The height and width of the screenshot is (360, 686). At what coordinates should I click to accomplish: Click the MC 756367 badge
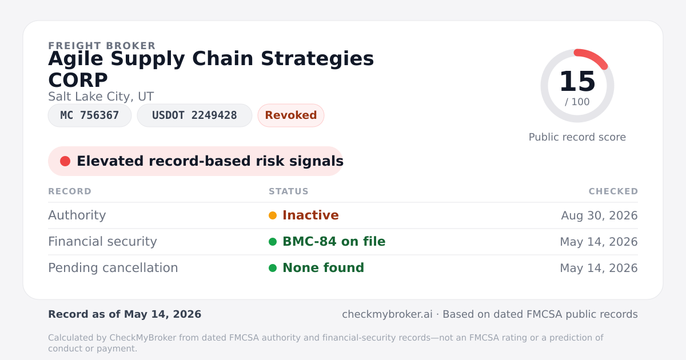90,115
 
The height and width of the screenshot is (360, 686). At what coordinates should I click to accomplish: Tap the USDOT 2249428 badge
194,115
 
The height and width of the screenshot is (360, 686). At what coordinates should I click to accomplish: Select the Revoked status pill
291,115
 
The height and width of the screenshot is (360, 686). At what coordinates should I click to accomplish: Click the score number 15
577,81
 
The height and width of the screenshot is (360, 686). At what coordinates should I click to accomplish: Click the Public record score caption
577,137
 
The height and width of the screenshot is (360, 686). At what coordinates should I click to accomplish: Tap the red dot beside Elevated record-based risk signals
65,161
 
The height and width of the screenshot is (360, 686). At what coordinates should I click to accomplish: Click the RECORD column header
70,191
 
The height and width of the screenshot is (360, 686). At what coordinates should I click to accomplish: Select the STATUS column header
289,191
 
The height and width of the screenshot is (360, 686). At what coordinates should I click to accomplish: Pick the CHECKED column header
613,191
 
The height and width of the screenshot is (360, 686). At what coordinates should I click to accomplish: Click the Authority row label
77,215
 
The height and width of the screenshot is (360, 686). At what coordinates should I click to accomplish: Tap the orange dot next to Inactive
273,215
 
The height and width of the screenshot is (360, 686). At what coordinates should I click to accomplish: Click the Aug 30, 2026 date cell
599,215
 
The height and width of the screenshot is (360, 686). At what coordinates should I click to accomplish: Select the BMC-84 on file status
334,242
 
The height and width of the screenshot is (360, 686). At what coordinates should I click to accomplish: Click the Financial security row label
102,242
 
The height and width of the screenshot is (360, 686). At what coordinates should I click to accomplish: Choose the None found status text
323,268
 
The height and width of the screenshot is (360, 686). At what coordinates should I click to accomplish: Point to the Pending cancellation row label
113,268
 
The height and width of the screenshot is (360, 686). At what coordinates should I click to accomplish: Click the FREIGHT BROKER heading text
102,46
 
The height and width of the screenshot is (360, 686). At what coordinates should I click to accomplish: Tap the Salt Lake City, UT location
101,97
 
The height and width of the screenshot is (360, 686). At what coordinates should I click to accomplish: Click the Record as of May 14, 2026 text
125,314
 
